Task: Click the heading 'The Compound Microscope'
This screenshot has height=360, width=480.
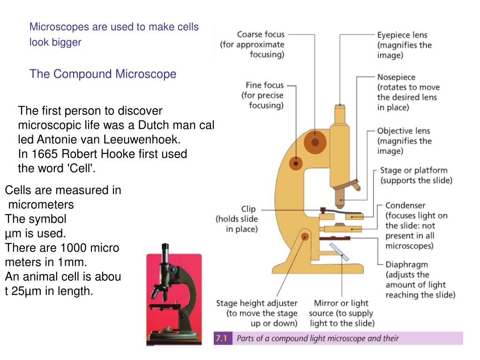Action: [103, 74]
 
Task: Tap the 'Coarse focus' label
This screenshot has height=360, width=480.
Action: [261, 34]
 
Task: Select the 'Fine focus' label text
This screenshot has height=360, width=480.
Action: [265, 85]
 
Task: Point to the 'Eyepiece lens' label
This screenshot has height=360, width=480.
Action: [402, 35]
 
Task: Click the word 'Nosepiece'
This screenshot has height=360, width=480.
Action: [397, 77]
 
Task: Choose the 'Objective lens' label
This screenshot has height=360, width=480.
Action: [404, 131]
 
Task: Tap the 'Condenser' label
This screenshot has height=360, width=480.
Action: [405, 205]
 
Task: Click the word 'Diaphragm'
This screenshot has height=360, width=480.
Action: [406, 264]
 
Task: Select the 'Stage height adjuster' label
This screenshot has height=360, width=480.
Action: [257, 303]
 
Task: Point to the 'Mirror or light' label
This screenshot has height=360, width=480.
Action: [341, 303]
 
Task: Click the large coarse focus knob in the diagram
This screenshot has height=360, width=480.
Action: [315, 142]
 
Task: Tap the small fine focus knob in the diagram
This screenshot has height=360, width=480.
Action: [296, 164]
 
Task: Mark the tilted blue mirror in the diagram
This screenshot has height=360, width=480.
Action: [339, 252]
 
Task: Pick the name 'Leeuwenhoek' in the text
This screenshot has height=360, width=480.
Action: [142, 140]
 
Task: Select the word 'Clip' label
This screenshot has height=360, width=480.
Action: [248, 209]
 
